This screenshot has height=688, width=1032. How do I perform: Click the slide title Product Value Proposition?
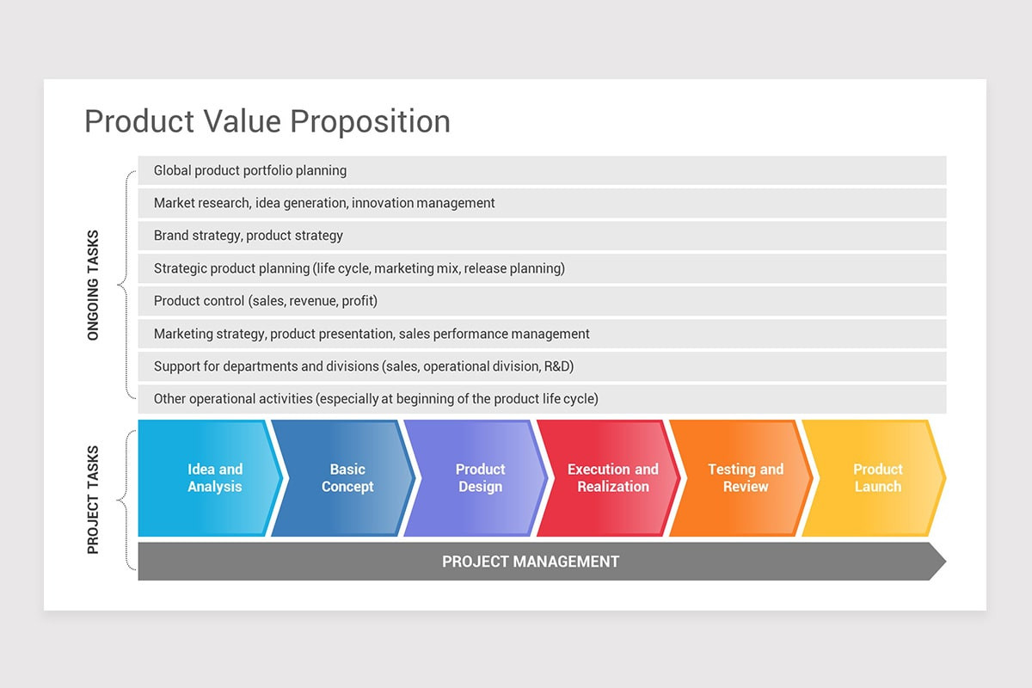tap(267, 121)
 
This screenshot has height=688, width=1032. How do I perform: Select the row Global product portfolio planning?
tap(542, 170)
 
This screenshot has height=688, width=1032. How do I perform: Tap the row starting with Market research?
tap(542, 203)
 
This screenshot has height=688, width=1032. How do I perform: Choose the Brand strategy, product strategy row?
tap(542, 236)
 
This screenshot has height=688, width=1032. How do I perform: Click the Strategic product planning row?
tap(542, 268)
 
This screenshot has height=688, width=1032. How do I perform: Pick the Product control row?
tap(542, 301)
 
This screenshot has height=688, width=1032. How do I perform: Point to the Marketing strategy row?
tap(542, 334)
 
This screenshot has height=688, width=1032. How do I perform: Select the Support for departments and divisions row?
tap(542, 366)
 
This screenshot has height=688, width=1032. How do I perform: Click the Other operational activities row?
tap(542, 399)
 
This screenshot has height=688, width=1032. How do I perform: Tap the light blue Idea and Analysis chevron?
tap(211, 478)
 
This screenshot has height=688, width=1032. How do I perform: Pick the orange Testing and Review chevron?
tap(745, 478)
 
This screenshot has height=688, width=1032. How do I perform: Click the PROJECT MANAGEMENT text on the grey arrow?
tap(531, 562)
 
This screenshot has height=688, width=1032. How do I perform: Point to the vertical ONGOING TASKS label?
tap(94, 285)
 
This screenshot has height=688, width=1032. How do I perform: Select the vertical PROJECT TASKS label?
tap(94, 499)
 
